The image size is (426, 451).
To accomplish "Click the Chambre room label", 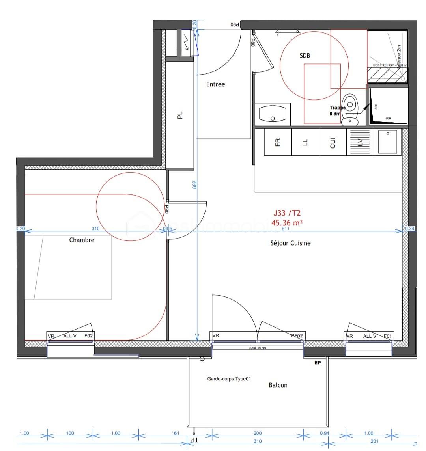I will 82,240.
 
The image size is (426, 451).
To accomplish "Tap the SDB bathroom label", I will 305,56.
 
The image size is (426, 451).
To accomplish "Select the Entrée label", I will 215,84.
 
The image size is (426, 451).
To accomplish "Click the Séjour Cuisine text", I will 290,243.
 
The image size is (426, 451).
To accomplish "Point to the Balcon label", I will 278,385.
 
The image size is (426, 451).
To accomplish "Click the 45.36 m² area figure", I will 287,222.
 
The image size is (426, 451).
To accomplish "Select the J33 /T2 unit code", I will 287,213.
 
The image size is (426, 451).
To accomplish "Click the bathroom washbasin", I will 273,114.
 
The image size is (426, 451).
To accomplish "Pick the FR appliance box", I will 278,142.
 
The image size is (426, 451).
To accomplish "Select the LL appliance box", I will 305,142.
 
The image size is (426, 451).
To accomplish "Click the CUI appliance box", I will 333,142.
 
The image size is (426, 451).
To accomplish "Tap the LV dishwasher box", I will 360,142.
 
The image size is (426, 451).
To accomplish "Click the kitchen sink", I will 387,142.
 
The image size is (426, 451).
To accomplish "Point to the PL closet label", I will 180,115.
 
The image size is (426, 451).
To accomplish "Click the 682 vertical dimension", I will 194,185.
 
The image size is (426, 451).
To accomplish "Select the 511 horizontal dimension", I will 285,228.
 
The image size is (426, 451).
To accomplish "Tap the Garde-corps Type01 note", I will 229,379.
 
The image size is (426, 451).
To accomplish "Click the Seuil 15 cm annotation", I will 258,348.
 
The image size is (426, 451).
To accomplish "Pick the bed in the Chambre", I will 68,267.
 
